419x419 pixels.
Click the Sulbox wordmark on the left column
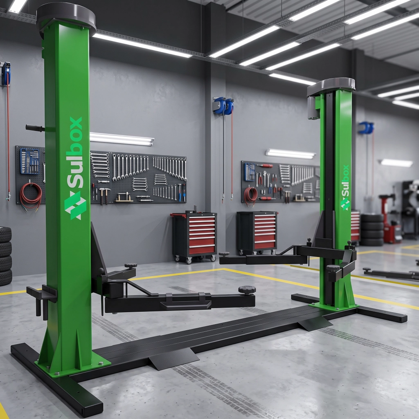tap(74, 153)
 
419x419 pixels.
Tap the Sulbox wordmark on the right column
tap(345, 181)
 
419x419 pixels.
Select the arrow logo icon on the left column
tap(75, 205)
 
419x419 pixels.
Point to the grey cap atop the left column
tap(66, 16)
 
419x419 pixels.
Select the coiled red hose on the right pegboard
tap(250, 196)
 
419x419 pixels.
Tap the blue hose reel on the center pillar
tap(223, 106)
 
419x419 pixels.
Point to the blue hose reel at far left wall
tap(6, 73)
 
